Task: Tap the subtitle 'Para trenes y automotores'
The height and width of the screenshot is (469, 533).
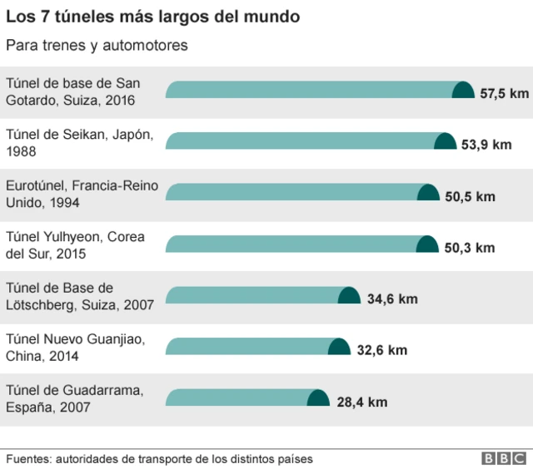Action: coord(97,45)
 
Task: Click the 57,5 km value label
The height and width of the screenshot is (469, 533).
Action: coord(504,92)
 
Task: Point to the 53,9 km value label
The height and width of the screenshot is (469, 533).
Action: coord(486,144)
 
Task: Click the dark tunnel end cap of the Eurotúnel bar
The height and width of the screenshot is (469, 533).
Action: coord(428,193)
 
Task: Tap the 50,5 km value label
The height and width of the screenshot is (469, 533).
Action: coord(470,196)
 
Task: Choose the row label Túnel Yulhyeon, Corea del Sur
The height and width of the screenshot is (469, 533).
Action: coord(75,244)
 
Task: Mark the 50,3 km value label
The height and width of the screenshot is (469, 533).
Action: coord(470,247)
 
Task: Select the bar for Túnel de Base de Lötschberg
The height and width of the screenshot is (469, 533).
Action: coord(258,295)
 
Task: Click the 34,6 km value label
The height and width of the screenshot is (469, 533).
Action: coord(392,299)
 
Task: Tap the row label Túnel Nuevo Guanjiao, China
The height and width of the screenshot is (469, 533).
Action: coord(75,347)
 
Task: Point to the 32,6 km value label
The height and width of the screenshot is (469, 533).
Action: coord(382,350)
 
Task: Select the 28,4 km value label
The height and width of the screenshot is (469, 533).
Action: coord(362,402)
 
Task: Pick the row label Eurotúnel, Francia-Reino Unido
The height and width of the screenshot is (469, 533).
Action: coord(82,193)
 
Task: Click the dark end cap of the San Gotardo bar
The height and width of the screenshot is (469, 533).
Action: coord(463,90)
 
